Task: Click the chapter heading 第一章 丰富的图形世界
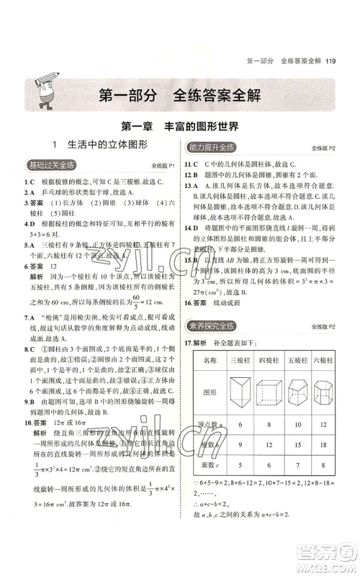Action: tap(180, 126)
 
